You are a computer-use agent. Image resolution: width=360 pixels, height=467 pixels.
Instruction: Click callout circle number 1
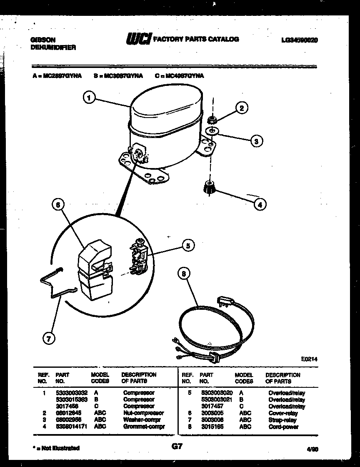[88, 98]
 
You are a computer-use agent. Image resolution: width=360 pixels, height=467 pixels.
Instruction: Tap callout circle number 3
[256, 141]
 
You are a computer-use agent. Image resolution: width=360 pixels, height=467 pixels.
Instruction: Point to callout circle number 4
[260, 204]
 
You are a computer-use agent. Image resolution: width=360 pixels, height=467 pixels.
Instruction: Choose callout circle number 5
[188, 246]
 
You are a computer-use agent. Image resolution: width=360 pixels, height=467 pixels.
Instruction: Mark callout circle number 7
[49, 339]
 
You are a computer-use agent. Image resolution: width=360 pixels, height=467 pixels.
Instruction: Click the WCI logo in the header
[138, 39]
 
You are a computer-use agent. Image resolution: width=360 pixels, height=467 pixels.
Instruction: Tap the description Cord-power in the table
[283, 427]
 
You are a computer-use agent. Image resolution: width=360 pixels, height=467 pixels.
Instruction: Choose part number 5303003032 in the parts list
[71, 393]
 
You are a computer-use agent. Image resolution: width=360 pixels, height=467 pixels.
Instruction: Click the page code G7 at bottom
[177, 447]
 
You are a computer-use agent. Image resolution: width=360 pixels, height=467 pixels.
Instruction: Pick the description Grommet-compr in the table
[144, 427]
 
